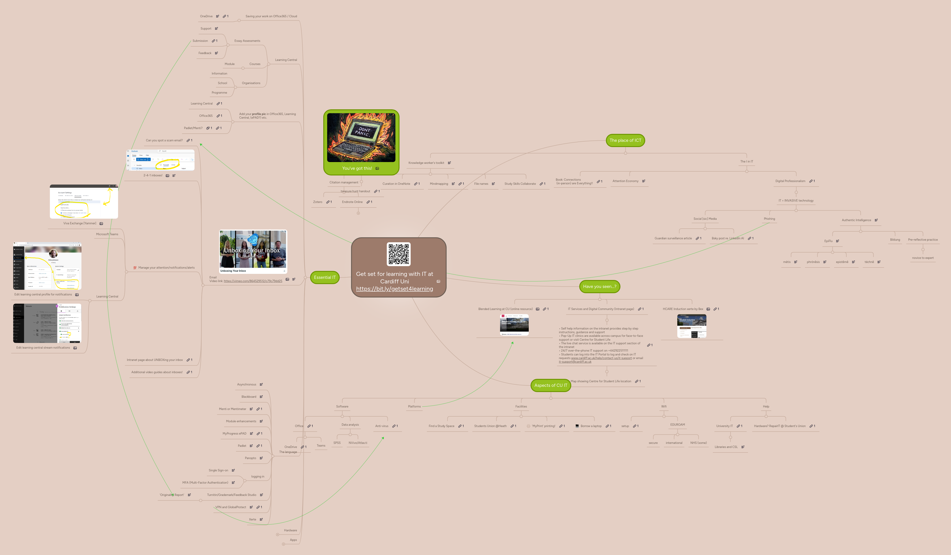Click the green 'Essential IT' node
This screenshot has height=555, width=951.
tap(325, 277)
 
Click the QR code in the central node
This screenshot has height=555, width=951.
tap(399, 254)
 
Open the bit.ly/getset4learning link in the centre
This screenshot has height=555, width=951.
tap(394, 289)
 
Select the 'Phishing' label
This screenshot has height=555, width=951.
tap(769, 219)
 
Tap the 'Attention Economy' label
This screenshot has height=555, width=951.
tap(625, 181)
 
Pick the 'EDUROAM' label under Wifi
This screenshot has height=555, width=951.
tap(677, 425)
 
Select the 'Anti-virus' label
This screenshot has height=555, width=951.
tap(382, 426)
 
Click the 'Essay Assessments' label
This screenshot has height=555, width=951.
tap(247, 41)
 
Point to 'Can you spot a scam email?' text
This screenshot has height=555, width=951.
tap(164, 140)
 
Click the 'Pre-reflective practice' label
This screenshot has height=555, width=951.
tap(923, 240)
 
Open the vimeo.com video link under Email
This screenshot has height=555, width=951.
tap(253, 281)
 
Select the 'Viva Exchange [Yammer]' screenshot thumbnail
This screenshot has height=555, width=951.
tap(84, 202)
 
